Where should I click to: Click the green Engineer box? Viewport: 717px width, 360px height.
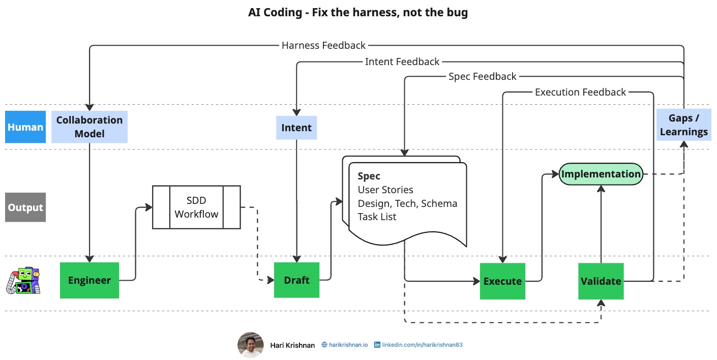(x=89, y=280)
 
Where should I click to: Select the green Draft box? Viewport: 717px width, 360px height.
(x=296, y=280)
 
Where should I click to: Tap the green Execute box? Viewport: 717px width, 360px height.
(x=502, y=281)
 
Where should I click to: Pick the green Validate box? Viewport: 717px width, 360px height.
(x=601, y=281)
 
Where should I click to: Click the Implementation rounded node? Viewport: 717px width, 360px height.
(x=601, y=174)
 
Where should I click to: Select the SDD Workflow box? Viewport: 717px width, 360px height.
(x=196, y=207)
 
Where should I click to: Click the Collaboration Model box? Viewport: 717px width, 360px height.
(x=89, y=127)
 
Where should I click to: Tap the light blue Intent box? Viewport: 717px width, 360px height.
(x=296, y=127)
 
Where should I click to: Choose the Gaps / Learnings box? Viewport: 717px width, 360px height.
(x=683, y=125)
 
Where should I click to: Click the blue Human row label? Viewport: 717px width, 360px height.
(x=25, y=127)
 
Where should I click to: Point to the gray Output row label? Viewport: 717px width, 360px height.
(x=25, y=207)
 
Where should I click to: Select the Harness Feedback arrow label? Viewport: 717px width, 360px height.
(x=323, y=45)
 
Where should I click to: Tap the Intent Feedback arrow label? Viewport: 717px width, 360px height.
(x=402, y=62)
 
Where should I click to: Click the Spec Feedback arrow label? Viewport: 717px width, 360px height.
(x=482, y=76)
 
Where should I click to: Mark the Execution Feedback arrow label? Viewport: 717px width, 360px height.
(x=580, y=92)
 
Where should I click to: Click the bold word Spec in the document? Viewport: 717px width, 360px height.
(x=369, y=176)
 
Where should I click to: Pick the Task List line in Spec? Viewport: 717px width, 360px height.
(x=377, y=217)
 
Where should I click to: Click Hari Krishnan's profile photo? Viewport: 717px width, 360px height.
(x=250, y=345)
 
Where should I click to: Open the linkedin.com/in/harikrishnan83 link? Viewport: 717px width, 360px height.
(x=422, y=345)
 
